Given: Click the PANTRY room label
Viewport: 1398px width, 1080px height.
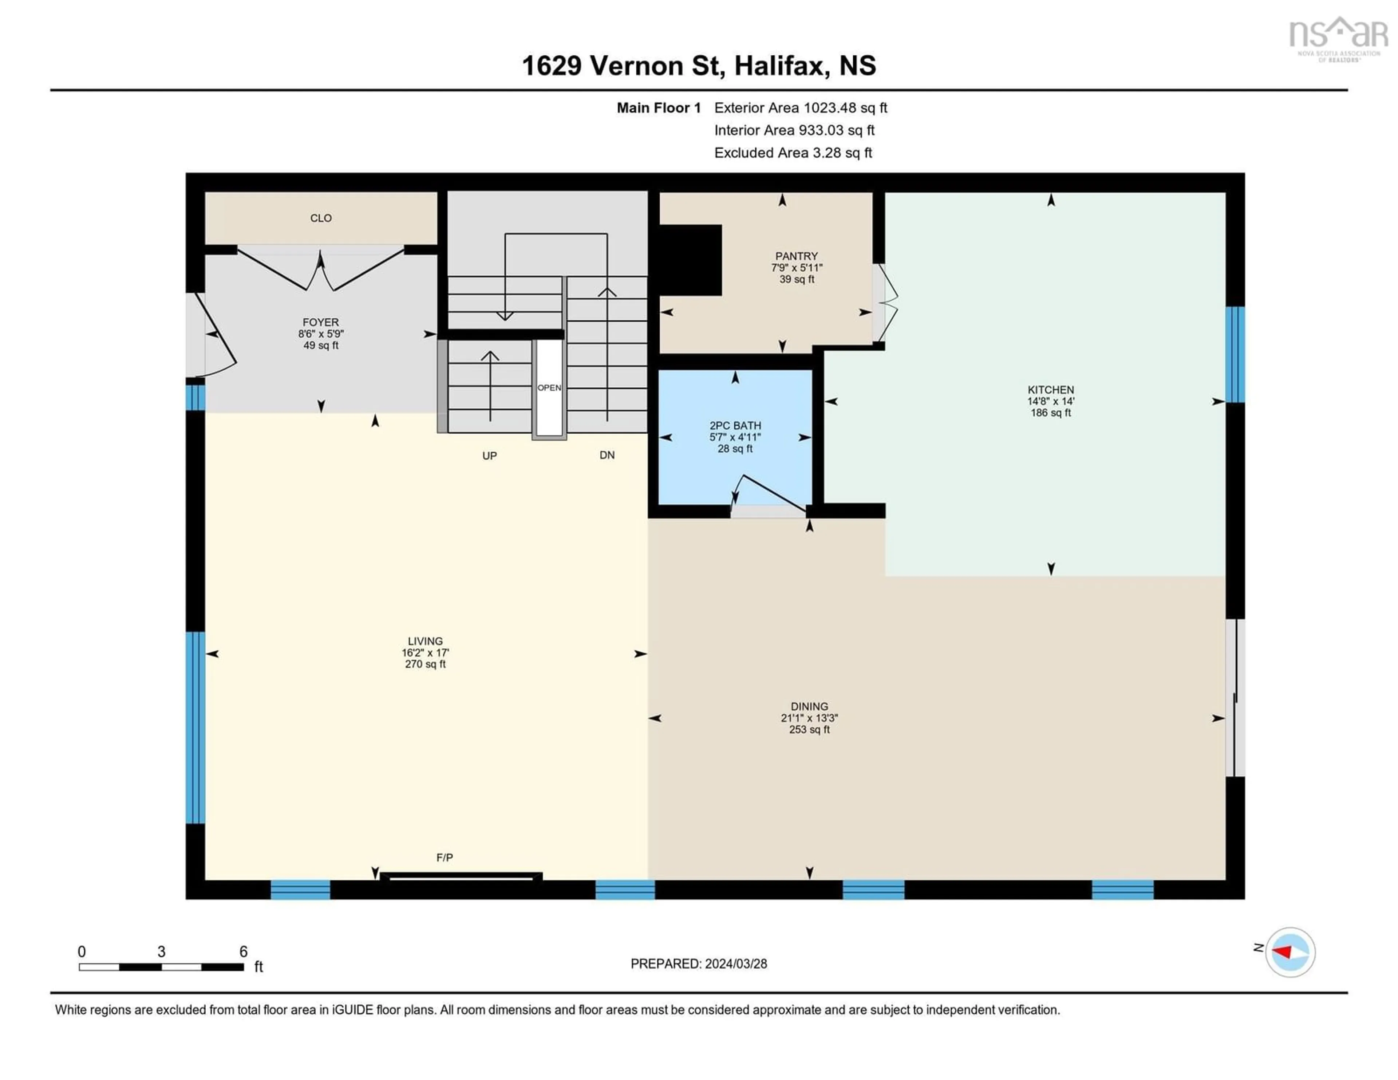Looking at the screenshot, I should [796, 256].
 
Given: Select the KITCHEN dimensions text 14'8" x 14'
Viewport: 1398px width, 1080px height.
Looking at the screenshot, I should [1050, 401].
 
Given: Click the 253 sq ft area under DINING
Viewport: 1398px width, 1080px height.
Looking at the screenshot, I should [809, 730].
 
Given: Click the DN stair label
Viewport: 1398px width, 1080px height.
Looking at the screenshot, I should [607, 455].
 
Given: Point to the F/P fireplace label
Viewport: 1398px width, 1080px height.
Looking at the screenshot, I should [444, 857].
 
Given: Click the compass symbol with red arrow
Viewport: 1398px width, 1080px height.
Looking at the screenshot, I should [1290, 952].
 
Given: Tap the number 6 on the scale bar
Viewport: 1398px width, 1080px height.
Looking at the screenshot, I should [243, 952].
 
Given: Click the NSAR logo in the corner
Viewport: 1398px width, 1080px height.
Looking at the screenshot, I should [1338, 37].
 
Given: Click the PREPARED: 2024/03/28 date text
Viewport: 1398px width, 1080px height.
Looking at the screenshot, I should [698, 963].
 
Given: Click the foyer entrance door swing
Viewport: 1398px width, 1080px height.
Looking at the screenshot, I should [218, 336].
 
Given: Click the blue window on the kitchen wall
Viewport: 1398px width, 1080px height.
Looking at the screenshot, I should [1235, 354].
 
